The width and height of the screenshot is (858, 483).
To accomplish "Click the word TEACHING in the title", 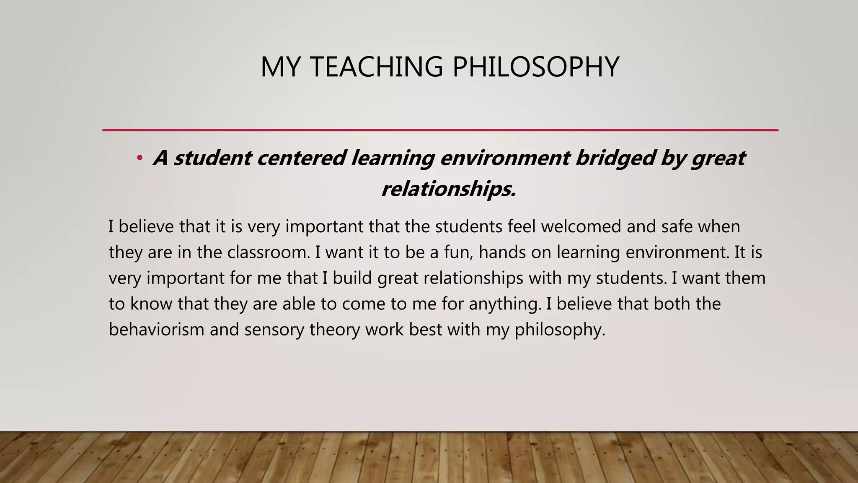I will tap(377, 67).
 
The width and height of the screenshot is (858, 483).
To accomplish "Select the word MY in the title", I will tap(282, 67).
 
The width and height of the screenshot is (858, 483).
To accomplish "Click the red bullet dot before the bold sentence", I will tap(140, 158).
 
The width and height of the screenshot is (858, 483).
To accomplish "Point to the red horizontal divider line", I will tap(440, 130).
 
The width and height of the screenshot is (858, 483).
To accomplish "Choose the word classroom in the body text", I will tap(269, 252).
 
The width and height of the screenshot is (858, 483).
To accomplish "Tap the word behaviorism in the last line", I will tap(156, 330).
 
